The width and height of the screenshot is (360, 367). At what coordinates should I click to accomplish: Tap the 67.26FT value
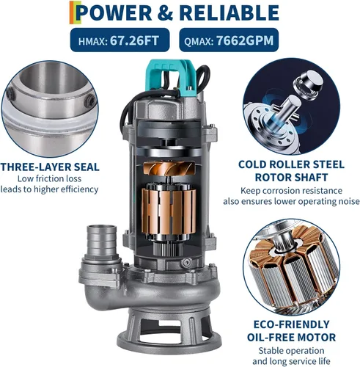click(x=134, y=40)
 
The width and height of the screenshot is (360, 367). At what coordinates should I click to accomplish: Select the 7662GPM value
click(x=245, y=40)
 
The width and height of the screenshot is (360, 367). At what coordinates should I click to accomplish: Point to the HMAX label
click(x=93, y=41)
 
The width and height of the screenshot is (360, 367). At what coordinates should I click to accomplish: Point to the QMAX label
click(x=199, y=41)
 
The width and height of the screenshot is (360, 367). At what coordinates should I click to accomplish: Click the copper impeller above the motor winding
click(x=169, y=169)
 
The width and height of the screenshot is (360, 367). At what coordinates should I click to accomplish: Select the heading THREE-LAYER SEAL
click(x=50, y=167)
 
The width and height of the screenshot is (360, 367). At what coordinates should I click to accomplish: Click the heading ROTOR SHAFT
click(x=291, y=178)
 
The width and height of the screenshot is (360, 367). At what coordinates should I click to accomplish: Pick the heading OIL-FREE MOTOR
click(x=291, y=337)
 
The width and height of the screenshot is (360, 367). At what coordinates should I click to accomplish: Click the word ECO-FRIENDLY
click(x=291, y=324)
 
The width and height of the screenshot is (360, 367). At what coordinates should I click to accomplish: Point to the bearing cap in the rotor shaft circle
click(x=309, y=84)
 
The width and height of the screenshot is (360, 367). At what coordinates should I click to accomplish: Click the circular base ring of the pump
click(x=169, y=344)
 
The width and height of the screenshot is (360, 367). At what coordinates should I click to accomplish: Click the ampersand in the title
click(x=166, y=13)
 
